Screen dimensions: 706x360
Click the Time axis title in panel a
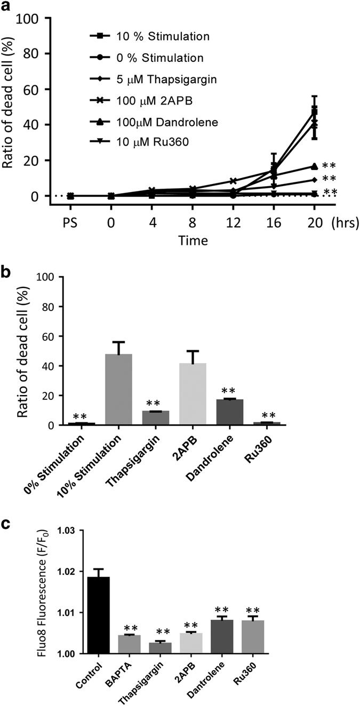coord(193,240)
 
